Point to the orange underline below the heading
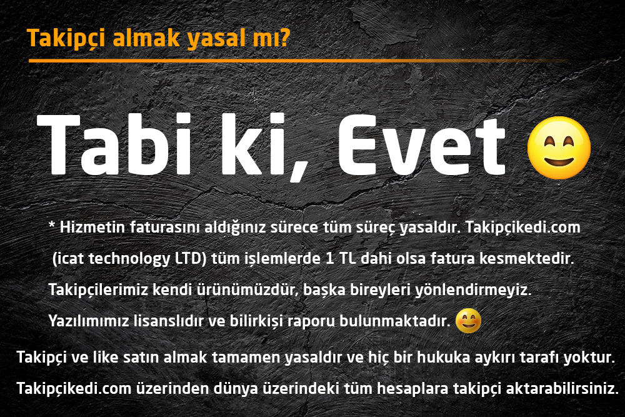(x=298, y=61)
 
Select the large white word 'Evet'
(x=422, y=146)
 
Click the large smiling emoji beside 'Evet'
(x=559, y=148)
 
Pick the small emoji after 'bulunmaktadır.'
(x=468, y=321)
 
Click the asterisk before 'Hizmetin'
(x=52, y=225)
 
